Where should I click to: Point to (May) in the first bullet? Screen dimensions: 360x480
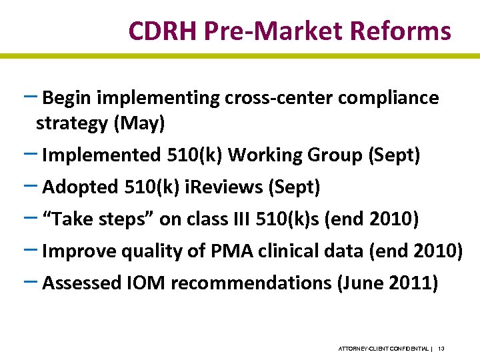pyautogui.click(x=146, y=123)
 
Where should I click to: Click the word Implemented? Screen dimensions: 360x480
pyautogui.click(x=99, y=155)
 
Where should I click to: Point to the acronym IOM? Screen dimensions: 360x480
pyautogui.click(x=145, y=283)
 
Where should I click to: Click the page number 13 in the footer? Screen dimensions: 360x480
pyautogui.click(x=442, y=349)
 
